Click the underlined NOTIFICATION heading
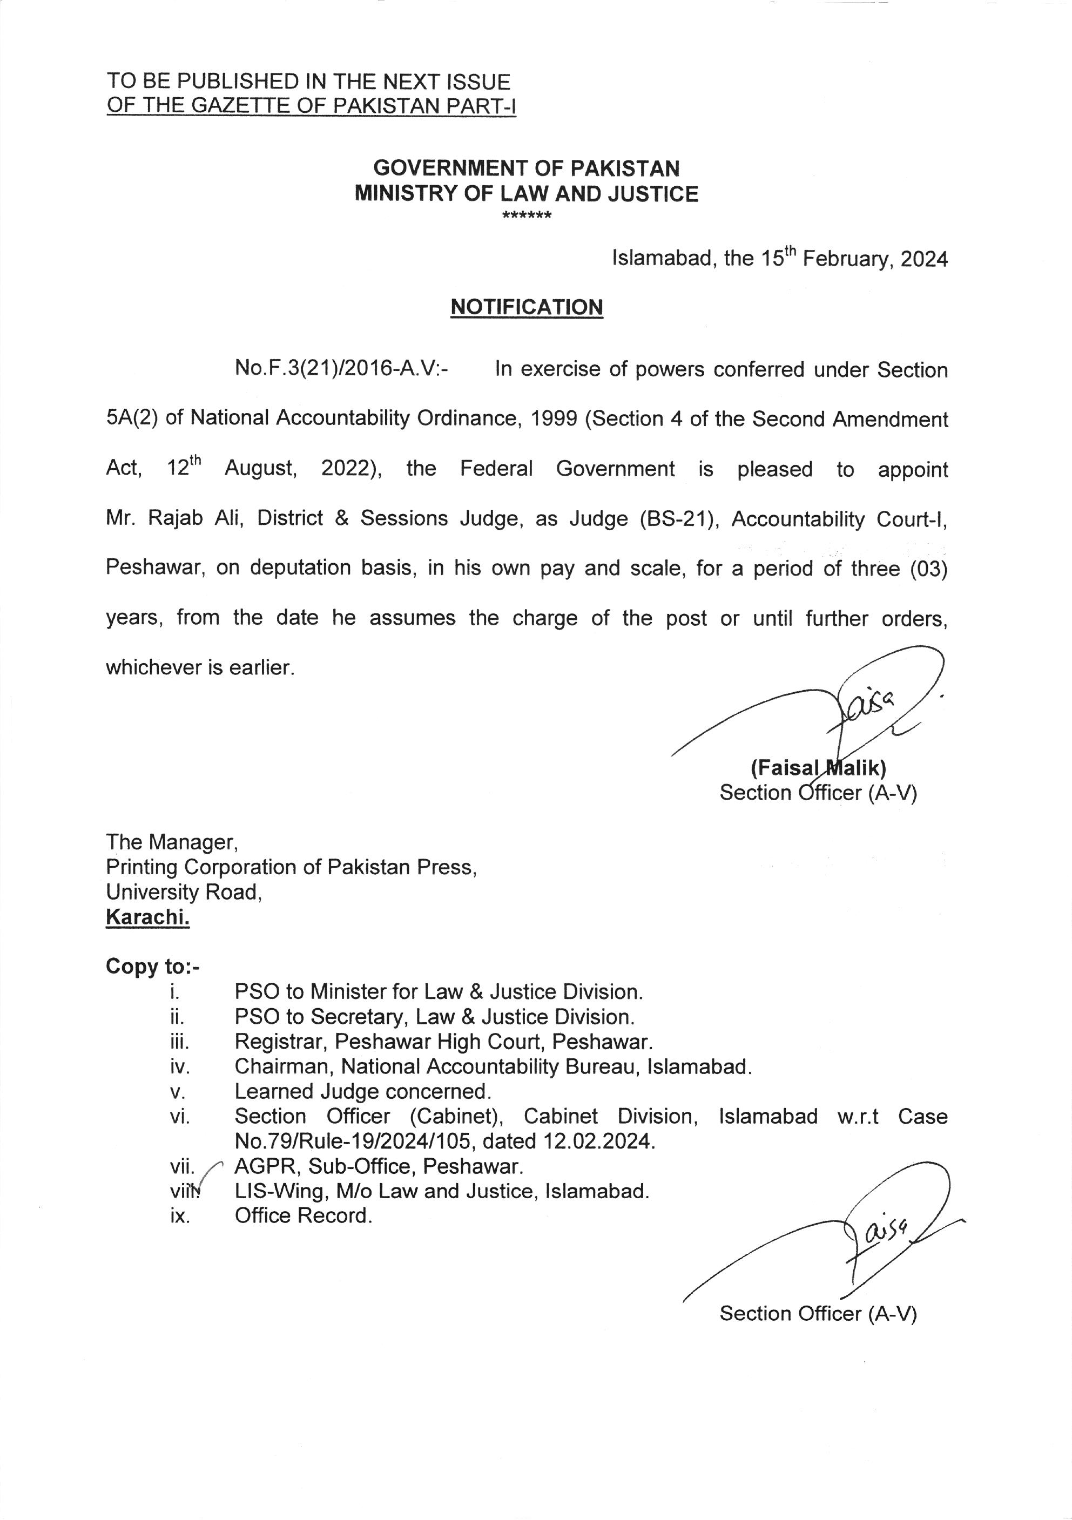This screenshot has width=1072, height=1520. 527,307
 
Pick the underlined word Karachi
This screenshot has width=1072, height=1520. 147,917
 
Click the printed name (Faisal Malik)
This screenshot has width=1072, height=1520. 818,768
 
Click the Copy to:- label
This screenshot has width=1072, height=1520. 152,967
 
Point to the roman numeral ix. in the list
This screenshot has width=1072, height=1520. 180,1216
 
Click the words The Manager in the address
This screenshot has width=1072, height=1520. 171,842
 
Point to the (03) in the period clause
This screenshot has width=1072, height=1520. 929,569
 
